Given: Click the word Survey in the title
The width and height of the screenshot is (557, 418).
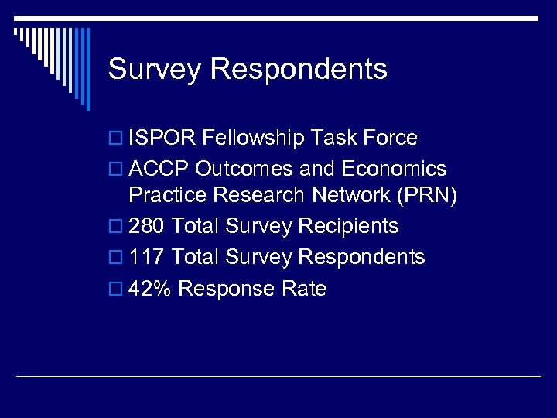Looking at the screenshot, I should pyautogui.click(x=155, y=70).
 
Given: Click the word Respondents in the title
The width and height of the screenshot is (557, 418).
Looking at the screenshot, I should pyautogui.click(x=299, y=70).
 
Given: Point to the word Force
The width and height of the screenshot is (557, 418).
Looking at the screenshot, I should pyautogui.click(x=390, y=139).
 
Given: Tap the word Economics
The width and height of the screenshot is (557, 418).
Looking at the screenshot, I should pyautogui.click(x=395, y=169).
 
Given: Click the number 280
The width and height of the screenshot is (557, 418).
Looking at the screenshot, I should pyautogui.click(x=147, y=227).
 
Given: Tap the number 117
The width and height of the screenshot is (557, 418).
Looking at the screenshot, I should pyautogui.click(x=147, y=257).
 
